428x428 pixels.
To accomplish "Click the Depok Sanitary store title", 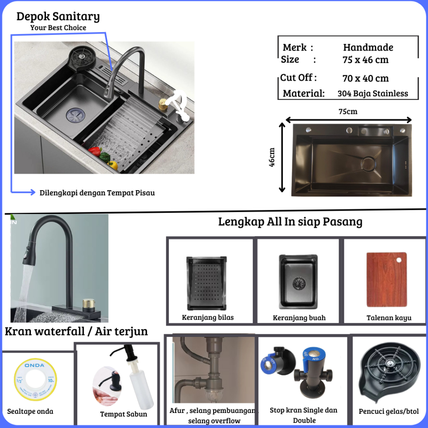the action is pos(58,16).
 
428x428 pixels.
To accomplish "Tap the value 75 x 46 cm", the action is pos(365,59).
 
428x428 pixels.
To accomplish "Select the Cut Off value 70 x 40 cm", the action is pos(365,78).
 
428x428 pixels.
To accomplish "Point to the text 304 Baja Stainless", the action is pos(372,93).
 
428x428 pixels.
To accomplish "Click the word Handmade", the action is pos(368,47).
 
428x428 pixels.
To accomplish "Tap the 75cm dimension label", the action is pos(348,111).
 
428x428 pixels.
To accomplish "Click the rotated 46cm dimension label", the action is pos(272,157).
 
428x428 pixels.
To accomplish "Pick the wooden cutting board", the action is pos(387,280).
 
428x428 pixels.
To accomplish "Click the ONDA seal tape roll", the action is pos(35,380).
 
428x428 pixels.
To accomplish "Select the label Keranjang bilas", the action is pos(208,318).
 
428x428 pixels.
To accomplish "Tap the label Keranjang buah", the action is pos(299,318).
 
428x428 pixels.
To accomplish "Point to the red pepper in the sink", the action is pos(94,151).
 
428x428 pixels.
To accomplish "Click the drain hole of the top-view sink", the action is pos(369,164).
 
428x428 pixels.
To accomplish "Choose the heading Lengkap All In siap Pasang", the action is pos(290,222).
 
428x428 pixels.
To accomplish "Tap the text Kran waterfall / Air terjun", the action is pos(76,331).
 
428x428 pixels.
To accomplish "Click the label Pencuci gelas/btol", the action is pos(389,411).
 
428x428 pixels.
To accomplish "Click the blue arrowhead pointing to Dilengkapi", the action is pos(33,192).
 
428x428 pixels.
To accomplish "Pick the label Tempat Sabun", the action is pos(124,414).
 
